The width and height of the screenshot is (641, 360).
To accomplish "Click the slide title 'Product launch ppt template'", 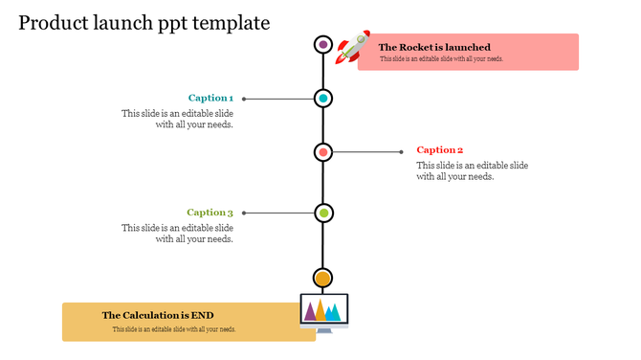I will coord(144,22).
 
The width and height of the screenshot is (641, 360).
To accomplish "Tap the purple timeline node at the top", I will coord(323,44).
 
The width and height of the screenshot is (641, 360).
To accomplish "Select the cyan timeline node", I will coord(323,98).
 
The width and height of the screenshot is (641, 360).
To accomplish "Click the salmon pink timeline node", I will coord(323,152).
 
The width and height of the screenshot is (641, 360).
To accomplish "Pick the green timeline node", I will coord(323,213).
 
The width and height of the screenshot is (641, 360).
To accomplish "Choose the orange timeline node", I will coord(323,279).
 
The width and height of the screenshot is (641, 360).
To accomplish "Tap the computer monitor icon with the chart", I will coord(323,312).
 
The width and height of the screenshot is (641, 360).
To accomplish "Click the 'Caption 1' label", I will coord(210,98).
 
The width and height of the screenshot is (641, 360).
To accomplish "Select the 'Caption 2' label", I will coord(440,150).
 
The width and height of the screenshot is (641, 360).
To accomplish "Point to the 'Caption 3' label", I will coord(210,213).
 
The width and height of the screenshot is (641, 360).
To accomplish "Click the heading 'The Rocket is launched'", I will coord(434,47).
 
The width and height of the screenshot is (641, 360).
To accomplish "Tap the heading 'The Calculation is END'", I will coord(158,315).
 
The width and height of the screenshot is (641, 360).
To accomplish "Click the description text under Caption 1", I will coord(178,119).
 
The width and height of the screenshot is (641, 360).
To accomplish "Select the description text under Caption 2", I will coord(472,170).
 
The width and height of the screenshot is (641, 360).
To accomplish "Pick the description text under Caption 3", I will coord(178,234).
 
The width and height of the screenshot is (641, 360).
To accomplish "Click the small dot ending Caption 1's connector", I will coord(244,98).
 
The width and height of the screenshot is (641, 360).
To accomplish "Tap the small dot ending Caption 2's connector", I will coord(402,152).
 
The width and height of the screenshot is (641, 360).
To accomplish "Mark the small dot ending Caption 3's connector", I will coord(244,213).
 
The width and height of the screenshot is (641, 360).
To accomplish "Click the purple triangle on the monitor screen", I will coord(309,311).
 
